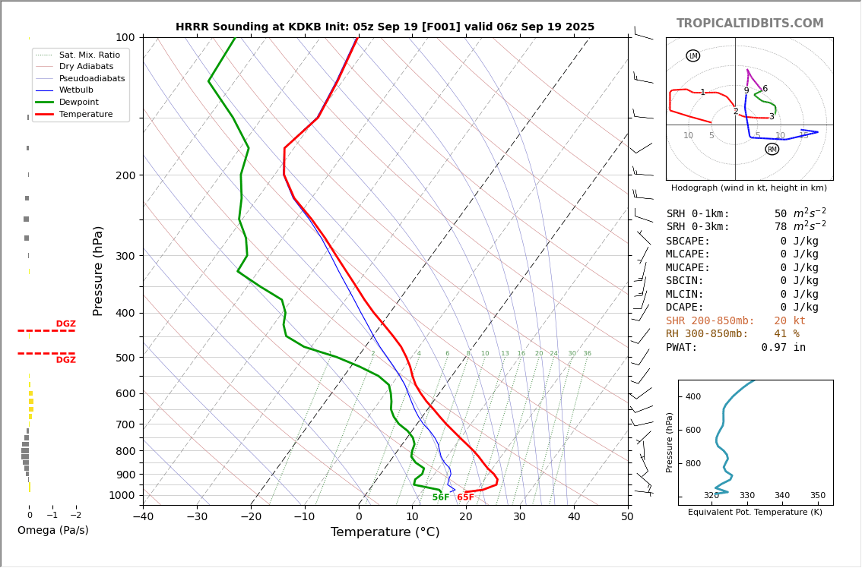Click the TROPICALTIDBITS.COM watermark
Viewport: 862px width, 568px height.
click(x=749, y=24)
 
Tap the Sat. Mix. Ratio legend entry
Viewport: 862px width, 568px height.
click(x=89, y=55)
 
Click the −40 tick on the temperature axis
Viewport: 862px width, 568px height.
click(x=143, y=517)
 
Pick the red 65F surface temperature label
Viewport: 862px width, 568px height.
click(x=465, y=497)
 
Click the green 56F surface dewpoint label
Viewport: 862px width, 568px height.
click(x=441, y=497)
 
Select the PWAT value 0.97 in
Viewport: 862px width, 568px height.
click(x=783, y=348)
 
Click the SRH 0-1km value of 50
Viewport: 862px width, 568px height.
click(x=781, y=214)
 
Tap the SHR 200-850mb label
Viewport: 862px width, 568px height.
click(x=710, y=321)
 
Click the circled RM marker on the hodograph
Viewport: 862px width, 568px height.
click(x=772, y=149)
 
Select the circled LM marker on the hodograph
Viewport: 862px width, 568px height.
click(x=692, y=55)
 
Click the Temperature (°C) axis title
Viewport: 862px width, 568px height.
click(x=385, y=533)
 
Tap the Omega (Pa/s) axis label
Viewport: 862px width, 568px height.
click(x=52, y=531)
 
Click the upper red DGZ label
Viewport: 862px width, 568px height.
click(x=65, y=324)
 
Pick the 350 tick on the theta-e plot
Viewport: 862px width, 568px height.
click(x=817, y=496)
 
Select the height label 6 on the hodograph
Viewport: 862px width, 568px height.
click(x=765, y=89)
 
